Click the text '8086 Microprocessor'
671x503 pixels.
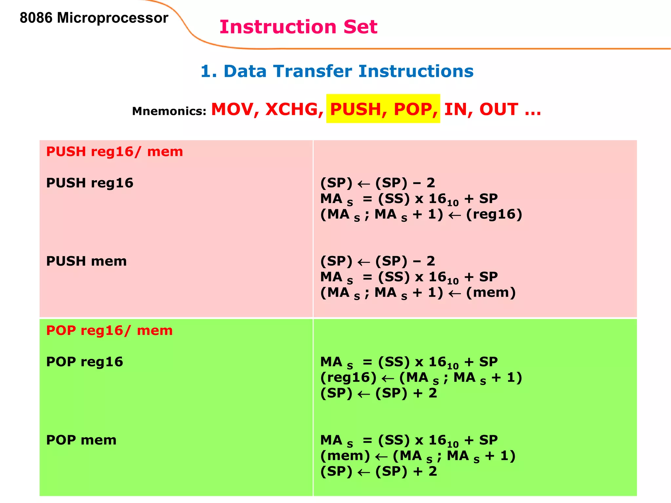[94, 18]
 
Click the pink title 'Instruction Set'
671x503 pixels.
[298, 27]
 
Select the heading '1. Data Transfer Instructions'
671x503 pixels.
[337, 71]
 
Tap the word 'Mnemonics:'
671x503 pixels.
[169, 111]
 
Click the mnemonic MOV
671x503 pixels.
[232, 109]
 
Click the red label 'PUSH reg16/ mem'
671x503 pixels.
[114, 152]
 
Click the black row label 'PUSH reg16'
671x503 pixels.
[89, 183]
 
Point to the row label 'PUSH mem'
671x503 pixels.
[86, 261]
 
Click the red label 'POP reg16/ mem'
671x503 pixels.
[109, 330]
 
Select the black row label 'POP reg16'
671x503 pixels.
[85, 362]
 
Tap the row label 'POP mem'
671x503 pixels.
[81, 440]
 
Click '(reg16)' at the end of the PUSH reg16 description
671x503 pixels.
[494, 214]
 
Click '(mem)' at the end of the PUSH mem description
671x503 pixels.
[490, 292]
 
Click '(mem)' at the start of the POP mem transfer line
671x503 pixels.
[345, 456]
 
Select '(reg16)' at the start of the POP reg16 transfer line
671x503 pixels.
[348, 377]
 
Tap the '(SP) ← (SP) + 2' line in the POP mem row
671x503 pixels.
[378, 471]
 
